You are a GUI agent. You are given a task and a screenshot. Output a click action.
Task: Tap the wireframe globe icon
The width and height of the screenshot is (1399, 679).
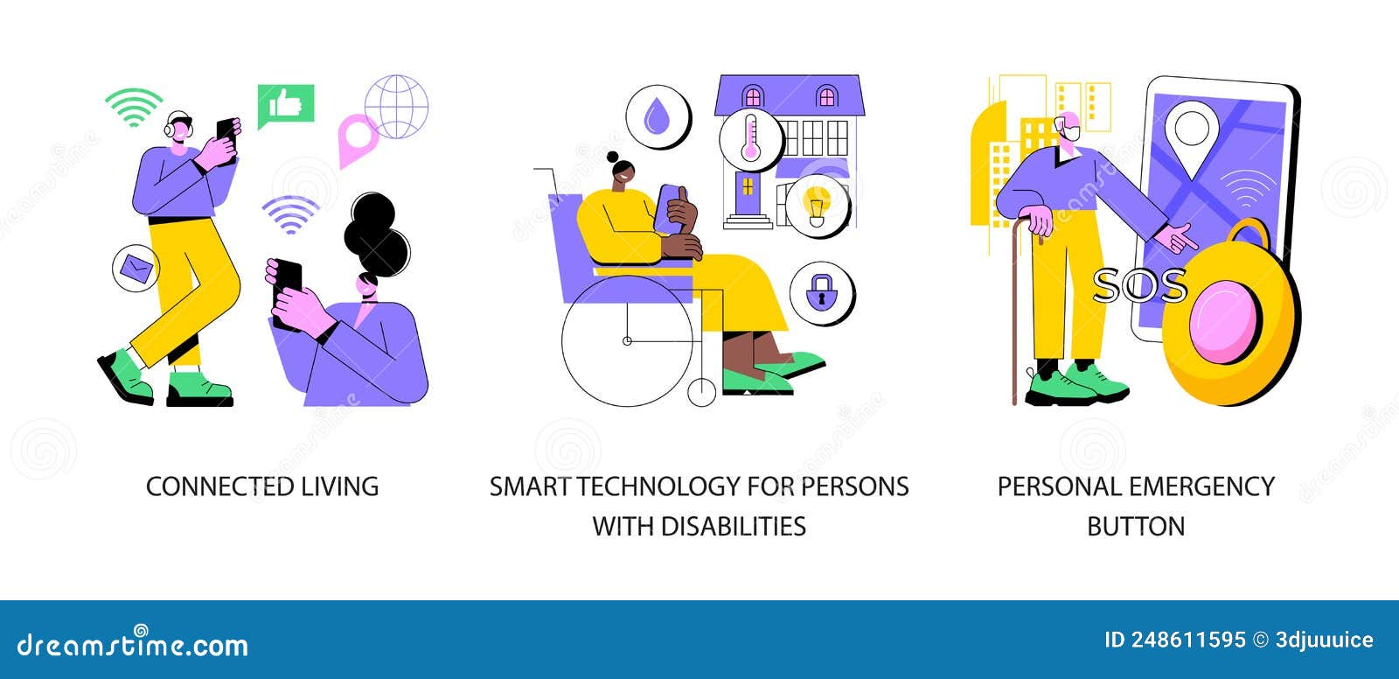[x=397, y=106]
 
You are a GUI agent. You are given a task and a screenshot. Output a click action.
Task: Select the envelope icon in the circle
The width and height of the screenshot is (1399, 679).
[x=136, y=268]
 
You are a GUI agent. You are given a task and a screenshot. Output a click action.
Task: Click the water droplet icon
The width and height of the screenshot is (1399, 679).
[x=657, y=117]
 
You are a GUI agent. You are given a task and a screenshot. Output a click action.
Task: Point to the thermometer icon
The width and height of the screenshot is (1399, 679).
[x=751, y=139]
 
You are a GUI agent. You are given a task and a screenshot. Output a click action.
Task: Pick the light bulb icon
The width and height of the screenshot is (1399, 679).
[x=817, y=204]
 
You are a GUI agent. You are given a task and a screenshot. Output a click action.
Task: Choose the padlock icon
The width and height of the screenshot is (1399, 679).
[x=821, y=292]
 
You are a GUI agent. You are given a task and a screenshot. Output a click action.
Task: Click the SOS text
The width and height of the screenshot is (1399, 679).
[x=1140, y=286]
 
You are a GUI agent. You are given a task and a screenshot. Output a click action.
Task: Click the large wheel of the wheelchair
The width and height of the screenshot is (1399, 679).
[x=627, y=340]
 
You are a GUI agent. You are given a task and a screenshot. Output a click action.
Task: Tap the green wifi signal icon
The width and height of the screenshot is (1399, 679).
[x=134, y=107]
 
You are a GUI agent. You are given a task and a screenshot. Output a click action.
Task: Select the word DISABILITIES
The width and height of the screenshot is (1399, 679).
[x=734, y=526]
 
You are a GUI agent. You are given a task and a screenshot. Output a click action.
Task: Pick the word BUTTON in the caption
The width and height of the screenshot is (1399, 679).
[x=1136, y=526]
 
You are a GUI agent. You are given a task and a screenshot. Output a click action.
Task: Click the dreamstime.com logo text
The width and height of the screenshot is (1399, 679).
[x=132, y=643]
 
